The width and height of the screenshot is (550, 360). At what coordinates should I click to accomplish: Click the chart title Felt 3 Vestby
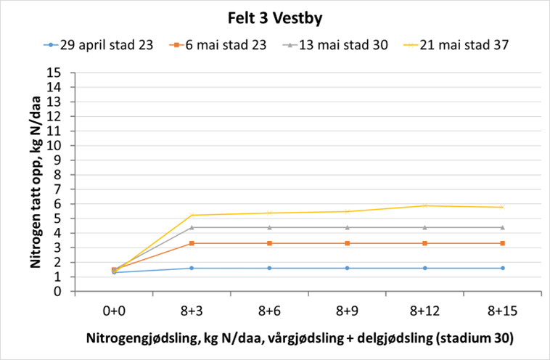tap(274, 17)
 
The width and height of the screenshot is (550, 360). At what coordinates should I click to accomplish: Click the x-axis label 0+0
tap(114, 311)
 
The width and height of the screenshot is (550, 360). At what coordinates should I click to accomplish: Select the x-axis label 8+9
tap(347, 311)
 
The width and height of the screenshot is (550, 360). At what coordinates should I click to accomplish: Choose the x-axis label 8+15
tap(502, 311)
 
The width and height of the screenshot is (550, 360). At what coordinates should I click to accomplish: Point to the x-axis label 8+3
tap(192, 311)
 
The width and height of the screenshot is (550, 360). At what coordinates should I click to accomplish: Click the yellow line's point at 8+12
tap(424, 206)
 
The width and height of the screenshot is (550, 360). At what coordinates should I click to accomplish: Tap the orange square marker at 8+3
tap(192, 243)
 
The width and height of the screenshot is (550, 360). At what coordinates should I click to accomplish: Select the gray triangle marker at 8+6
tap(269, 227)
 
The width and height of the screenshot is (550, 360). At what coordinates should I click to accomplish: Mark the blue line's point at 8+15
tap(502, 269)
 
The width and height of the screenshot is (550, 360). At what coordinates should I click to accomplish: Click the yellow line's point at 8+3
tap(192, 215)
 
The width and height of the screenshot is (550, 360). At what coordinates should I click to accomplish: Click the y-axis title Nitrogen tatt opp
tap(34, 181)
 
